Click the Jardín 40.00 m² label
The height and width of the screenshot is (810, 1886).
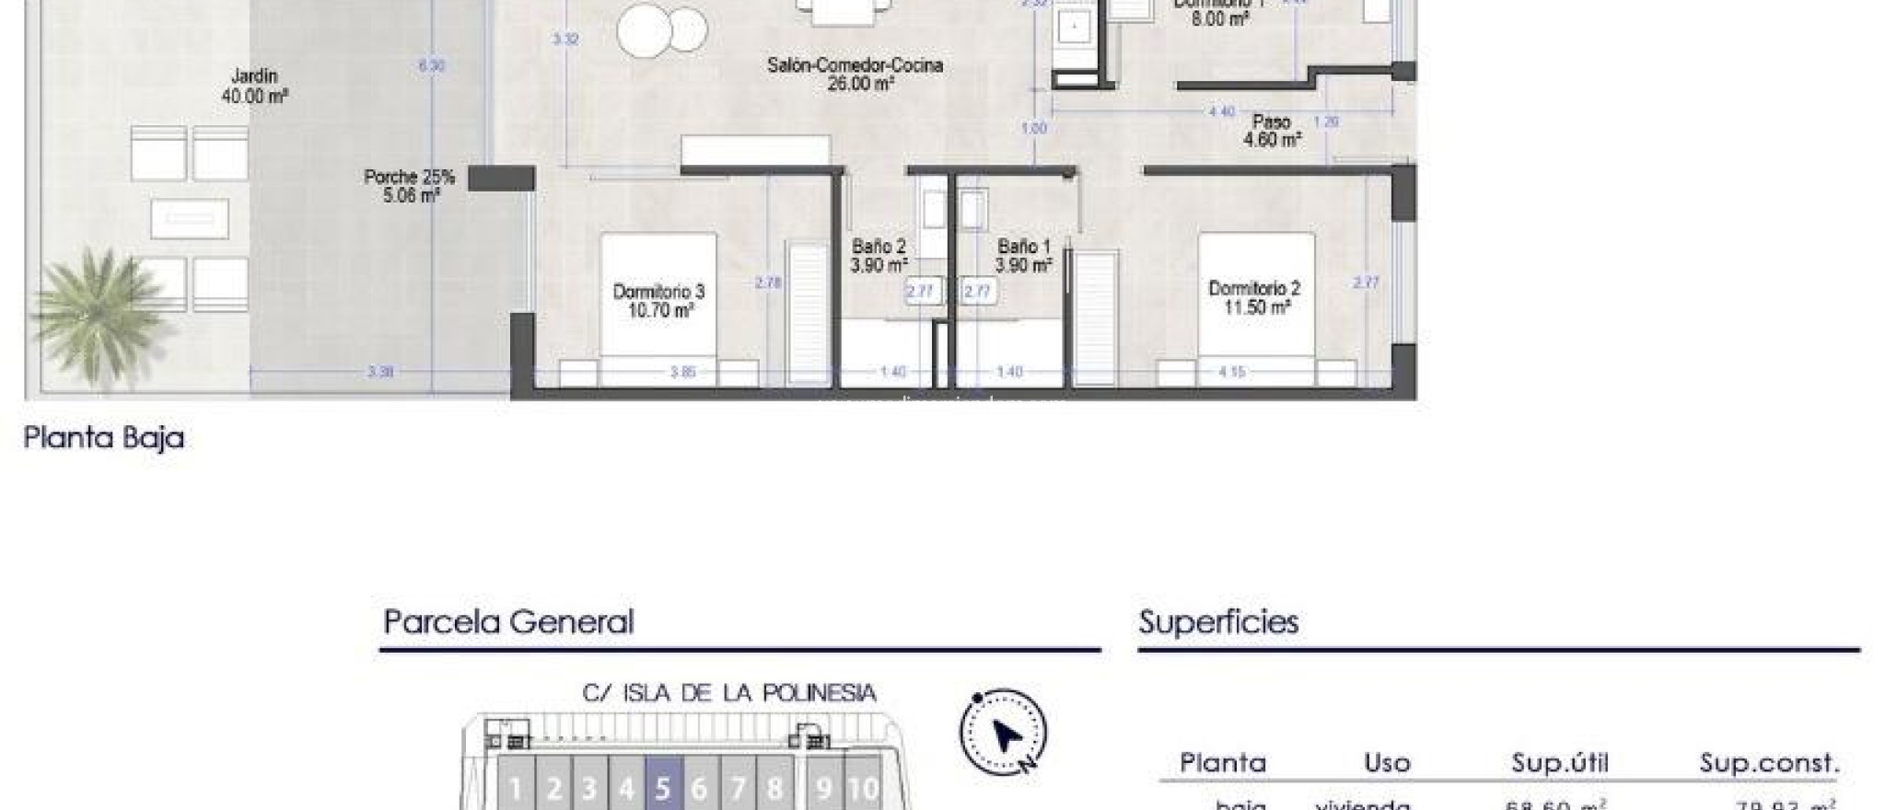pyautogui.click(x=254, y=86)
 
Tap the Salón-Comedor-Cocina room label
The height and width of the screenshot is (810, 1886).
pyautogui.click(x=856, y=75)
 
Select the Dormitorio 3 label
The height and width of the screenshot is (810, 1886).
pyautogui.click(x=658, y=301)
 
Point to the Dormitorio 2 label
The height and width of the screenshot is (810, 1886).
pyautogui.click(x=1254, y=298)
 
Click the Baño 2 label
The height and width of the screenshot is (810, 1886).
pyautogui.click(x=879, y=256)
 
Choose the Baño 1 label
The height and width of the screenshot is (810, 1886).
pyautogui.click(x=1023, y=256)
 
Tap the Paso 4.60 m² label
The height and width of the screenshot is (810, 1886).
pyautogui.click(x=1272, y=131)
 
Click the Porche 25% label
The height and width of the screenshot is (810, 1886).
pyautogui.click(x=409, y=185)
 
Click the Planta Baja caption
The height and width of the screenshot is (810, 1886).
pyautogui.click(x=104, y=437)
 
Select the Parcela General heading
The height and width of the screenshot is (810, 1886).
pyautogui.click(x=508, y=622)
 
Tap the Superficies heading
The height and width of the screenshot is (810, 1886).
pyautogui.click(x=1218, y=622)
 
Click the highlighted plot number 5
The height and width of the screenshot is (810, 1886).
pyautogui.click(x=663, y=788)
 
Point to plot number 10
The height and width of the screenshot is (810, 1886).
pyautogui.click(x=863, y=788)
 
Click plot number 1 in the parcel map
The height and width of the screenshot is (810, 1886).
pyautogui.click(x=516, y=788)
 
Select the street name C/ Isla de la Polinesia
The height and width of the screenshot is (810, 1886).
pyautogui.click(x=729, y=692)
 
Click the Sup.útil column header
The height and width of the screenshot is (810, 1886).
pyautogui.click(x=1559, y=763)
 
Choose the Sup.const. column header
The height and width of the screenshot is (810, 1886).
pyautogui.click(x=1769, y=763)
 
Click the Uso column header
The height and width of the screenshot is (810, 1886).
pyautogui.click(x=1387, y=763)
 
